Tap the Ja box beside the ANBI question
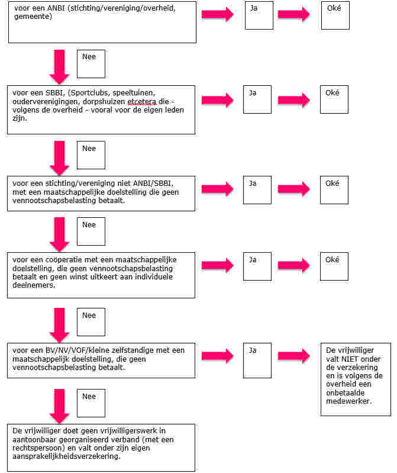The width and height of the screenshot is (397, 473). coord(259,15)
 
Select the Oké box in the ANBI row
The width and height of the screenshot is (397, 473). coord(335,15)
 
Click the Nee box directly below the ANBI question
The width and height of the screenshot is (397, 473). coord(91,63)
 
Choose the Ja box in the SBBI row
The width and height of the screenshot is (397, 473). coord(257,99)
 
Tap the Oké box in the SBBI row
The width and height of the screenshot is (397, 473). coord(334,99)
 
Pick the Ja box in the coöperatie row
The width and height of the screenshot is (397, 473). coord(257,267)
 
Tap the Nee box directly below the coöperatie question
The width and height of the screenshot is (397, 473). coord(91,322)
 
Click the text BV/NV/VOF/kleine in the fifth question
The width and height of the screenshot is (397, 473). coord(68,350)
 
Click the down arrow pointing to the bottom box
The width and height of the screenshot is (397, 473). coord(59,405)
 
